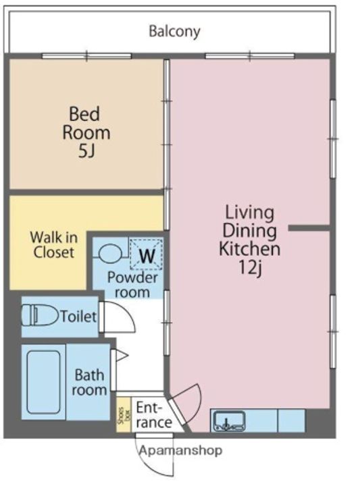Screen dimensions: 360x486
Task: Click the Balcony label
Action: [174, 32]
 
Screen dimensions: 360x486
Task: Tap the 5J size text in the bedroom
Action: [86, 151]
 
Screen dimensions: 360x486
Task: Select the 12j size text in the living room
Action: [251, 267]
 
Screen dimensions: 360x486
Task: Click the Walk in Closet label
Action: [54, 245]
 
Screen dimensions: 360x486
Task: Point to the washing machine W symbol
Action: [147, 256]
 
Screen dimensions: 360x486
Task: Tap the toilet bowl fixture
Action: [40, 315]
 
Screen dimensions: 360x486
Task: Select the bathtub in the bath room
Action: [43, 382]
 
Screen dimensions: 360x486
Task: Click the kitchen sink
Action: [230, 421]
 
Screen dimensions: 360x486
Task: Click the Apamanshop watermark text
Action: [181, 450]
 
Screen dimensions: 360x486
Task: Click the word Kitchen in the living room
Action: [250, 249]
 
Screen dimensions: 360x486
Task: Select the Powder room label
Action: [132, 285]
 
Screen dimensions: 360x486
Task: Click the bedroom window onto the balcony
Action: [87, 56]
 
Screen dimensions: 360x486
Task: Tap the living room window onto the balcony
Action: [250, 56]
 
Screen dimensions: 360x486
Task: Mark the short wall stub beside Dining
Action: [309, 228]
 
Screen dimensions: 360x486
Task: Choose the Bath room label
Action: [89, 383]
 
